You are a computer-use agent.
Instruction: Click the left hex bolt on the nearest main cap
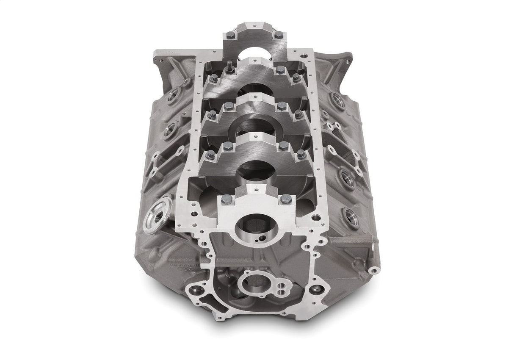coord(225,199)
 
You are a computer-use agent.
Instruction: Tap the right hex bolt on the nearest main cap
coord(286,198)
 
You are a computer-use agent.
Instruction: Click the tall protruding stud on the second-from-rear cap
coord(229,67)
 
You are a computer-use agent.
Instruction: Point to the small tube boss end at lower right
coord(373,270)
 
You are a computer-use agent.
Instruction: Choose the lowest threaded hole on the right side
coord(351,217)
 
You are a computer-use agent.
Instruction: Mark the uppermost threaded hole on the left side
coord(174,96)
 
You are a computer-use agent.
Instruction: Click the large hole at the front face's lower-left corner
coord(196,291)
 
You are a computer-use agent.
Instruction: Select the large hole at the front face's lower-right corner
coord(316,290)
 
